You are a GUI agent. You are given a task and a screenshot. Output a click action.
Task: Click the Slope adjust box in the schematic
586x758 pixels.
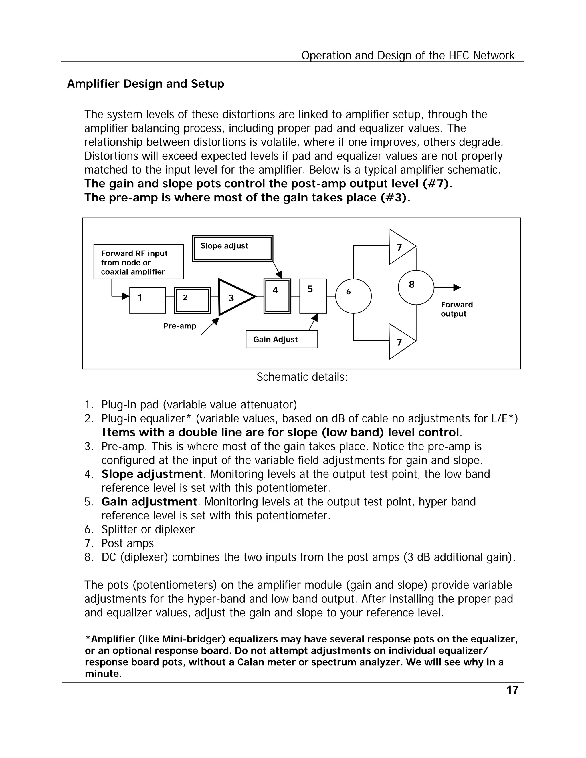232,249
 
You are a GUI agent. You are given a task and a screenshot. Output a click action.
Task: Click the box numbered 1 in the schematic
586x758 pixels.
147,300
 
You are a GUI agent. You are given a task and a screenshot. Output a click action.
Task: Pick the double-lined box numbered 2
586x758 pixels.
192,300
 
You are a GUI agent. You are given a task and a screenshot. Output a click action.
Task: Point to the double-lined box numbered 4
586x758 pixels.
277,296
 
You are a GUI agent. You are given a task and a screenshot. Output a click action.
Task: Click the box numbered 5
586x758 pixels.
313,296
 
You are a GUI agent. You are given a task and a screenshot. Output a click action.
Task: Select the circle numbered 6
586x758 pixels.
353,296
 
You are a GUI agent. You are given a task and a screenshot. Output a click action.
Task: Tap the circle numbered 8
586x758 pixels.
415,287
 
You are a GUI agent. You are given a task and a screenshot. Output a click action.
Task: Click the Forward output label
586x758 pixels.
456,309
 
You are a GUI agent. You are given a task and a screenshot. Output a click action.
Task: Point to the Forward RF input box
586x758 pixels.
138,262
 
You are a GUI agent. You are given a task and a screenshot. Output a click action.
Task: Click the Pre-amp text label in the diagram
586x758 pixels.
179,326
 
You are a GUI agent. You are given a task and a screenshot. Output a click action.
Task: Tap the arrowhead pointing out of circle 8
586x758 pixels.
457,287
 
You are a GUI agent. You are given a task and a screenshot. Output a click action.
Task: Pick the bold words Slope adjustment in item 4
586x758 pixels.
152,474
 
